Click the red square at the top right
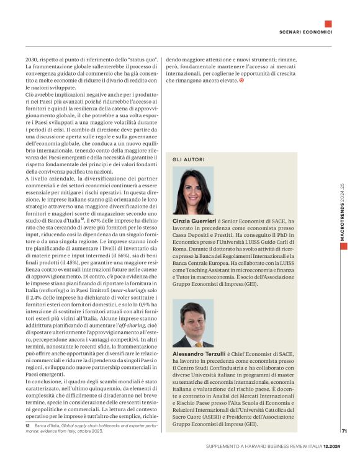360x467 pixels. (x=328, y=24)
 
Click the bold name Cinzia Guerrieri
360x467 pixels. (x=195, y=220)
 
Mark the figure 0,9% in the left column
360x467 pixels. (x=148, y=303)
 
